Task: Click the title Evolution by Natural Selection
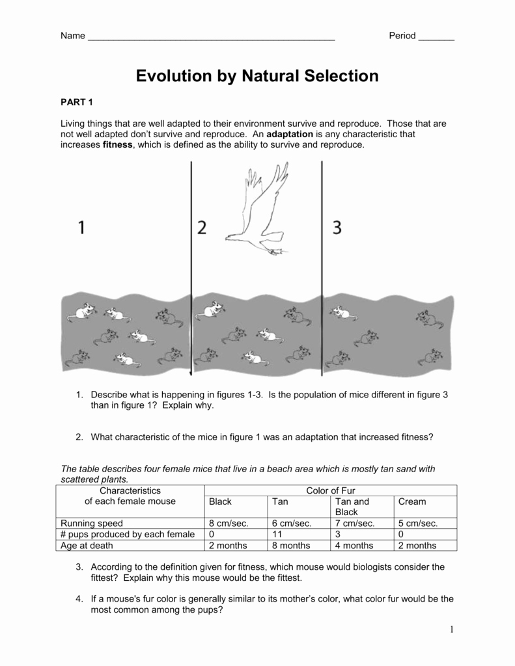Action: pos(257,76)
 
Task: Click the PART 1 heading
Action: pos(77,102)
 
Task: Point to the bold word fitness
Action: pos(117,145)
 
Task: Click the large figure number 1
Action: pos(81,228)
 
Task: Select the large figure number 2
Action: pos(202,228)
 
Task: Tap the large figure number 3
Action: pos(337,228)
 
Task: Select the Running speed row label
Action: pos(92,523)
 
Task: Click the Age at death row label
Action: pos(87,546)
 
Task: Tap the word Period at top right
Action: pos(402,36)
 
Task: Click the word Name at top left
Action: pos(73,36)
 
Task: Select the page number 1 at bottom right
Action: pos(451,629)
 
